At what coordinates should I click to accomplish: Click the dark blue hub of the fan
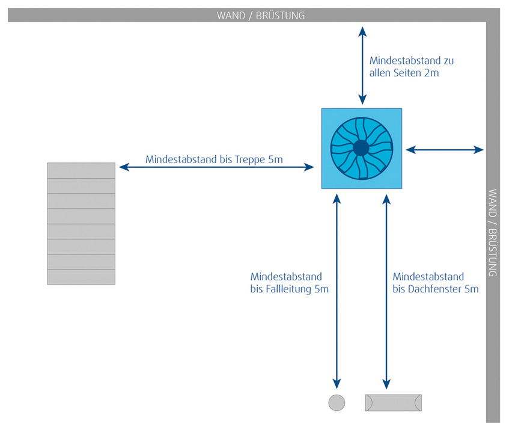[361, 148]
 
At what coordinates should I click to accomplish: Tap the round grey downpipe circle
[337, 403]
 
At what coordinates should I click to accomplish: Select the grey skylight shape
[393, 403]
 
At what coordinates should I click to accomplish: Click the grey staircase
[81, 223]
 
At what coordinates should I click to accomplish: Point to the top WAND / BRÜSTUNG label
[261, 16]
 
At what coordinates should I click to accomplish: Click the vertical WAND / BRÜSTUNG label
[493, 232]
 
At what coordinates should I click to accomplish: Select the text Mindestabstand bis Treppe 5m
[214, 160]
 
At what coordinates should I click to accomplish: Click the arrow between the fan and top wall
[362, 65]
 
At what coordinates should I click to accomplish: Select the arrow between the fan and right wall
[445, 149]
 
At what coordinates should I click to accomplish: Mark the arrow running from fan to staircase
[216, 168]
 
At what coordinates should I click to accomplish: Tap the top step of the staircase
[81, 170]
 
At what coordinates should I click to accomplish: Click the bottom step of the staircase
[81, 277]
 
